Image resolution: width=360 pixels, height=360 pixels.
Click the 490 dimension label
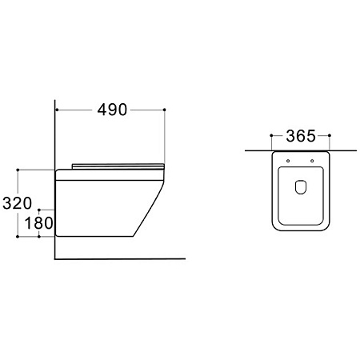[x=112, y=110]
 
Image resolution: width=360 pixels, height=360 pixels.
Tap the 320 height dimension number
[x=17, y=203]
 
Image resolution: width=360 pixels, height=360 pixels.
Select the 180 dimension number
[x=38, y=223]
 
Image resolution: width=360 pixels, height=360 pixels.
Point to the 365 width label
[x=301, y=136]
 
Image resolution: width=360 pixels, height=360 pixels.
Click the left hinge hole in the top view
[x=288, y=161]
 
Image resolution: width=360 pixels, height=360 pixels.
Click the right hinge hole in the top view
[x=312, y=161]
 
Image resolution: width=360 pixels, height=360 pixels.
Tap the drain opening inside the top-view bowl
[x=301, y=186]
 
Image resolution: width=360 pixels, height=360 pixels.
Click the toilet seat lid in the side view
[x=118, y=166]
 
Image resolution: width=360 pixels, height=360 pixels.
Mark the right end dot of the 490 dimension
[x=164, y=110]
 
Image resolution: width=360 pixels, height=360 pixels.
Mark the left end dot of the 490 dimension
[x=57, y=110]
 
